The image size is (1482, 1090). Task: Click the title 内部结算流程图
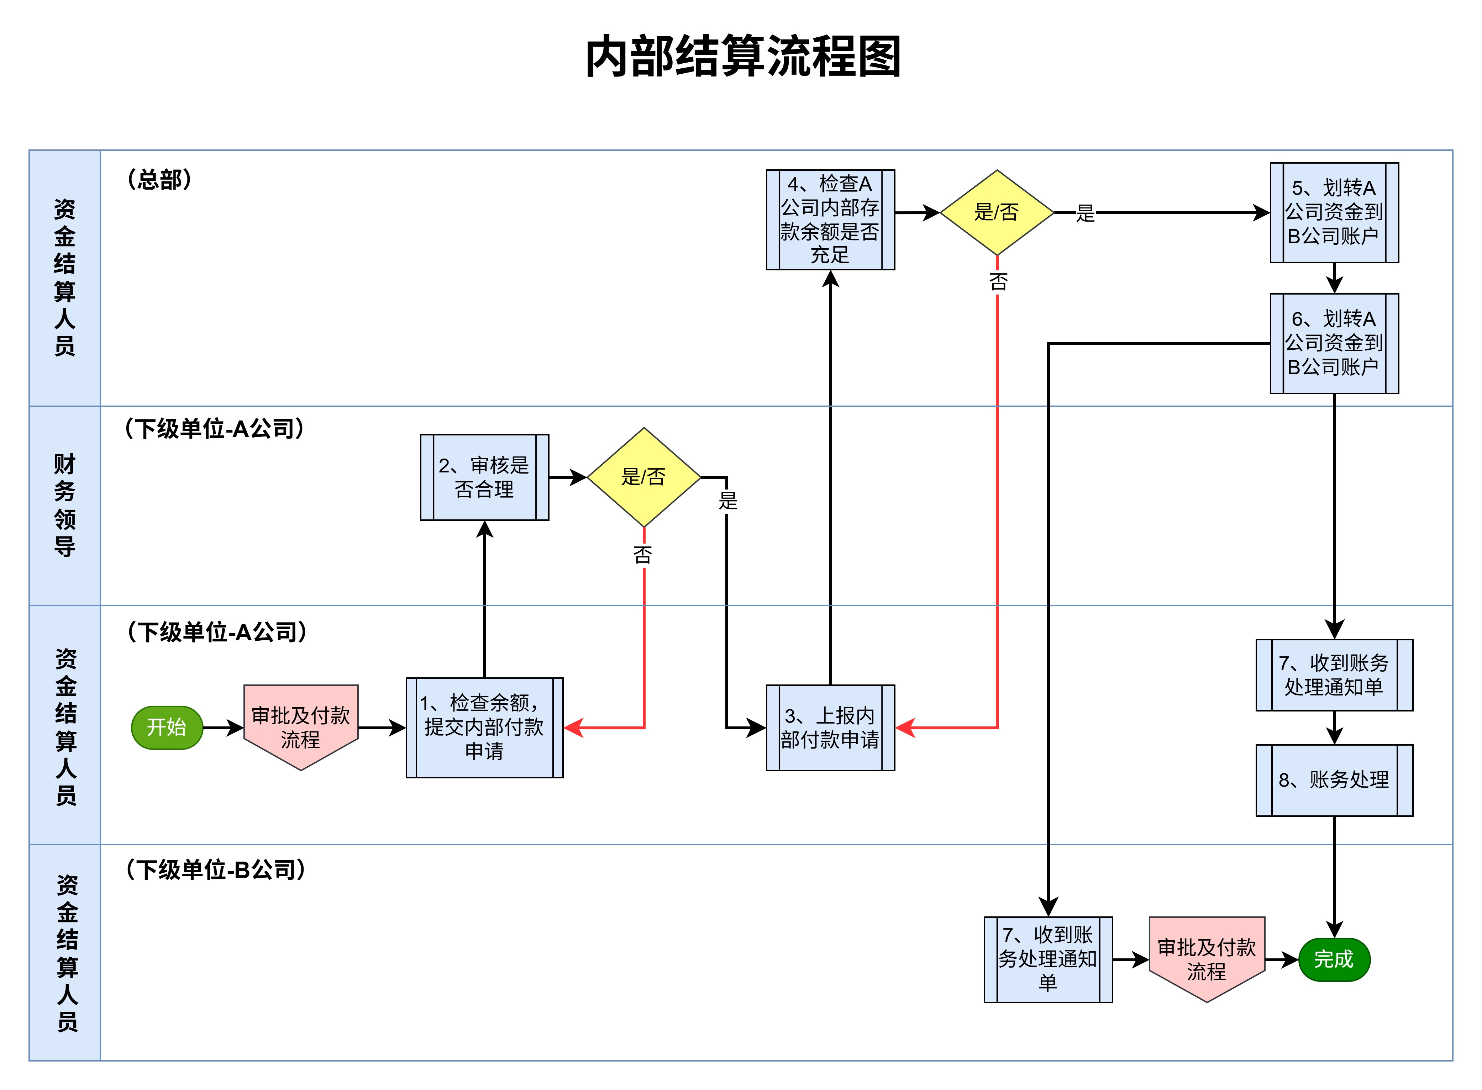pos(743,57)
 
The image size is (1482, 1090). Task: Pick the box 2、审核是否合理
pos(484,477)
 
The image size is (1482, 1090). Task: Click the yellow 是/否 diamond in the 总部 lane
pos(997,212)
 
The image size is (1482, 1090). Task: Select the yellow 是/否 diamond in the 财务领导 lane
pos(643,477)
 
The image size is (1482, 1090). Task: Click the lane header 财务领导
pos(65,506)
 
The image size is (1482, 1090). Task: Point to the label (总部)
pos(159,179)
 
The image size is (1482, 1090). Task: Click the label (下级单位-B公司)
pos(216,870)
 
